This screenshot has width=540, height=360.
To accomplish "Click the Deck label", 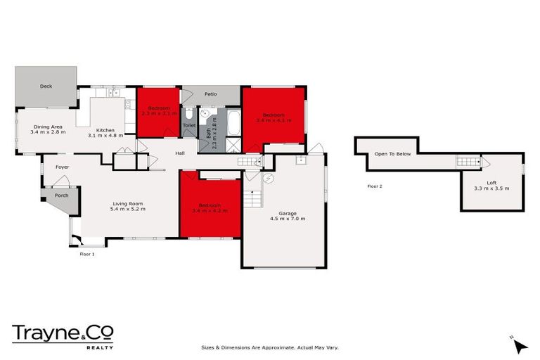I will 46,86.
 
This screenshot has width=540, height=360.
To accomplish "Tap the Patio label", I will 210,94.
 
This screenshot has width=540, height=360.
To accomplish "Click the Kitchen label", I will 105,130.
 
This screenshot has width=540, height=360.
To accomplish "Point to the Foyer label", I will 63,167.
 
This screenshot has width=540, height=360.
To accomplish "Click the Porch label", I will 62,195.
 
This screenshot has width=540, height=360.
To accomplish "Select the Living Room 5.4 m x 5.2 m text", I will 128,209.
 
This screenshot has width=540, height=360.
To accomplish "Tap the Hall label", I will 180,152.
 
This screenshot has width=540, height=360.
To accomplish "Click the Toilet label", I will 188,125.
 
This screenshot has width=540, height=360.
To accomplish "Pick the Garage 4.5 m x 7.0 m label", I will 285,217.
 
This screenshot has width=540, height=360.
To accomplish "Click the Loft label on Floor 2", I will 491,185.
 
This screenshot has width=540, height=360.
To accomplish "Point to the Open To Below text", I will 392,153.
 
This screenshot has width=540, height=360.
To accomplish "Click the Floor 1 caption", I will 86,253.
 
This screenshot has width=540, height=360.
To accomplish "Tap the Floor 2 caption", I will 375,186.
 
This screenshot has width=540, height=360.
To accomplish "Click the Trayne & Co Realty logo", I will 63,335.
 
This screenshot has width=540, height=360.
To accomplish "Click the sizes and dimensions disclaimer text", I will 270,347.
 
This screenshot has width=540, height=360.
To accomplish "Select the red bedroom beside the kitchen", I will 158,112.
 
